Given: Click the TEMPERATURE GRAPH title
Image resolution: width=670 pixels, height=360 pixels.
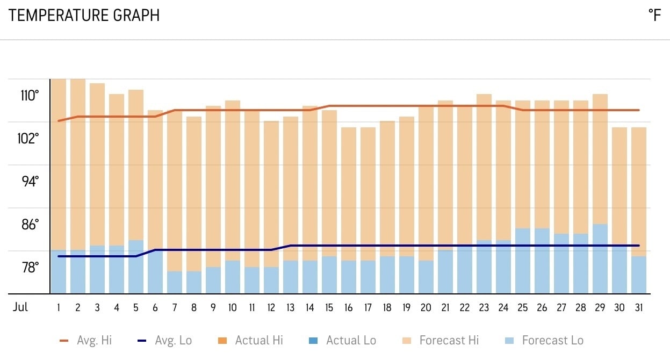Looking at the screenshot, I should point(84,16).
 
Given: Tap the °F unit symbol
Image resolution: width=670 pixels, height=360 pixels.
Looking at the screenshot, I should point(654,16).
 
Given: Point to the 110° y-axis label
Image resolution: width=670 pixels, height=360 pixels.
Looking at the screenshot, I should point(30,96).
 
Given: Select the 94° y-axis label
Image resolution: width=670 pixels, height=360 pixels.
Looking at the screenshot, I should point(30,182).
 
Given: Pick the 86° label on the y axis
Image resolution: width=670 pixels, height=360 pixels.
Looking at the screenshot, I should point(30,225).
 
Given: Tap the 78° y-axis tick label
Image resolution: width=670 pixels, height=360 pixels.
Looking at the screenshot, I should point(30,267).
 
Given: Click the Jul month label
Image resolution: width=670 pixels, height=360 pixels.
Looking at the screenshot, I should point(20,308).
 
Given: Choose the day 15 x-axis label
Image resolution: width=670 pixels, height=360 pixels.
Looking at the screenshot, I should point(329,308).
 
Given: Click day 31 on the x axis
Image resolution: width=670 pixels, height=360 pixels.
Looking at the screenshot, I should point(638,308).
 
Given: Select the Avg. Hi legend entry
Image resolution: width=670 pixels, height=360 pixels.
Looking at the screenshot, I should point(85,340).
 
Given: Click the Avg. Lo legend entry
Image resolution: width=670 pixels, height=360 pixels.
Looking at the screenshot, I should point(164,340).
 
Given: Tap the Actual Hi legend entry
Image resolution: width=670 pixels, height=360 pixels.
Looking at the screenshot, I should point(251,340).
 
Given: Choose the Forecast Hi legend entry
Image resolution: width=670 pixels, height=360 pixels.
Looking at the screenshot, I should point(441,340).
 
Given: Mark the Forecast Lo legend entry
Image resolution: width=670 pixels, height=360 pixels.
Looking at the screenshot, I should point(545,340).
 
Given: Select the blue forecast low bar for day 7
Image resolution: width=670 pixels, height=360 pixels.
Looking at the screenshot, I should point(175,282).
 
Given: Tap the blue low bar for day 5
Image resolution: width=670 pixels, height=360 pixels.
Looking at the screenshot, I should point(136,267).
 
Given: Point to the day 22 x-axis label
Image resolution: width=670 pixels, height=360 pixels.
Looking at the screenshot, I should point(465,308).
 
